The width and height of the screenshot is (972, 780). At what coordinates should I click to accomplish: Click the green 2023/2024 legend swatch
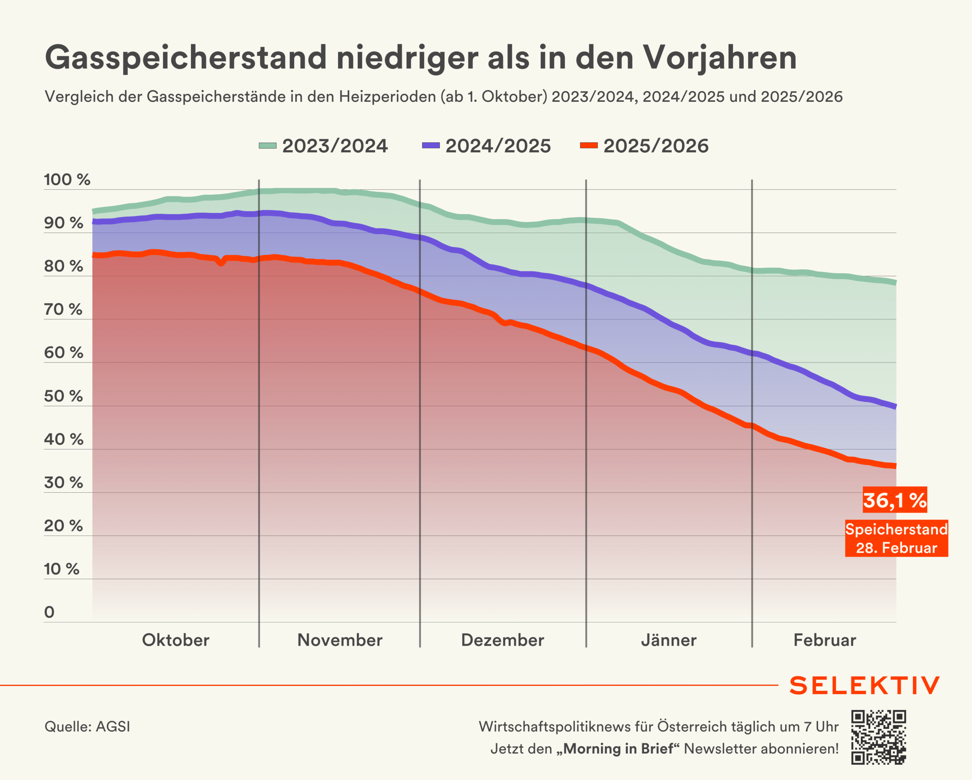click(x=267, y=145)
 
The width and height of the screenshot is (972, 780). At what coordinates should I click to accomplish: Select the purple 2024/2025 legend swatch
click(x=431, y=145)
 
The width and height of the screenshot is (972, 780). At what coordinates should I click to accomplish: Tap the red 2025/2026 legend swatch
click(x=589, y=145)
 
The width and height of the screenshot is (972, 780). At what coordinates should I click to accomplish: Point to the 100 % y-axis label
click(x=67, y=180)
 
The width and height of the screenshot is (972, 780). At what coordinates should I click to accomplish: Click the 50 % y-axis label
click(x=63, y=397)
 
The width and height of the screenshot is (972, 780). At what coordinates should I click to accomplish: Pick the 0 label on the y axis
click(x=49, y=612)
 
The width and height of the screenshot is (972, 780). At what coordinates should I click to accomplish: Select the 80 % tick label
click(x=63, y=266)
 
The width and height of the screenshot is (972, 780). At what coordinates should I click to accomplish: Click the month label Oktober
click(x=175, y=640)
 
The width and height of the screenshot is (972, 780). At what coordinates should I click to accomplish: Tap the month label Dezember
click(x=502, y=640)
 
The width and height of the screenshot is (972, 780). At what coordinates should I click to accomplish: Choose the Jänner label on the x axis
click(x=669, y=640)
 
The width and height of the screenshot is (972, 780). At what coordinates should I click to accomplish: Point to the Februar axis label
click(x=825, y=640)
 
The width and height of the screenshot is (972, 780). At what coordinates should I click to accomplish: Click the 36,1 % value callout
click(x=895, y=500)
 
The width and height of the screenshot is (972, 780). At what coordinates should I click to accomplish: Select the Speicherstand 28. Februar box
click(x=896, y=539)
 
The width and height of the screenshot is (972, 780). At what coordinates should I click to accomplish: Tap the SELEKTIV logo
click(x=864, y=685)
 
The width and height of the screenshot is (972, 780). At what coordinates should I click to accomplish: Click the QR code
click(x=878, y=737)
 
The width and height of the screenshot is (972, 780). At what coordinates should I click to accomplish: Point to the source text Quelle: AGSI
click(x=87, y=727)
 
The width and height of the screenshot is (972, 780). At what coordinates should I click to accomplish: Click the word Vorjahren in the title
click(x=720, y=58)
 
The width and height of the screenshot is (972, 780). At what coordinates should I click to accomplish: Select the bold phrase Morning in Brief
click(x=619, y=749)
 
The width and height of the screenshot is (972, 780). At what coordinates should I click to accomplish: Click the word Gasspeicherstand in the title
click(x=185, y=58)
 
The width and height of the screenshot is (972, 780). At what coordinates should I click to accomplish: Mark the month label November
click(x=339, y=640)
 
